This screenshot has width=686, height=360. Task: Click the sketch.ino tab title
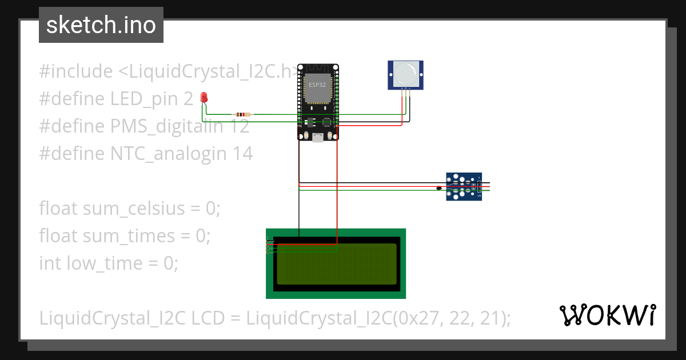101,25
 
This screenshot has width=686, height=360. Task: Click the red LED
204,98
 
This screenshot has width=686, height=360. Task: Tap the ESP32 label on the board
317,85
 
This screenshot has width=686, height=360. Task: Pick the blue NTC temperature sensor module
464,187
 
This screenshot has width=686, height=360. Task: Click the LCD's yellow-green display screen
337,264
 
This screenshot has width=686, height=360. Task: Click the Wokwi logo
608,315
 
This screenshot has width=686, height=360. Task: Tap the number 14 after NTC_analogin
241,154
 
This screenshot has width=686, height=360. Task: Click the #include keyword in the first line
76,72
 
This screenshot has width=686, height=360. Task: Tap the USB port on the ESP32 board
318,137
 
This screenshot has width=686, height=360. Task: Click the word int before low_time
50,263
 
